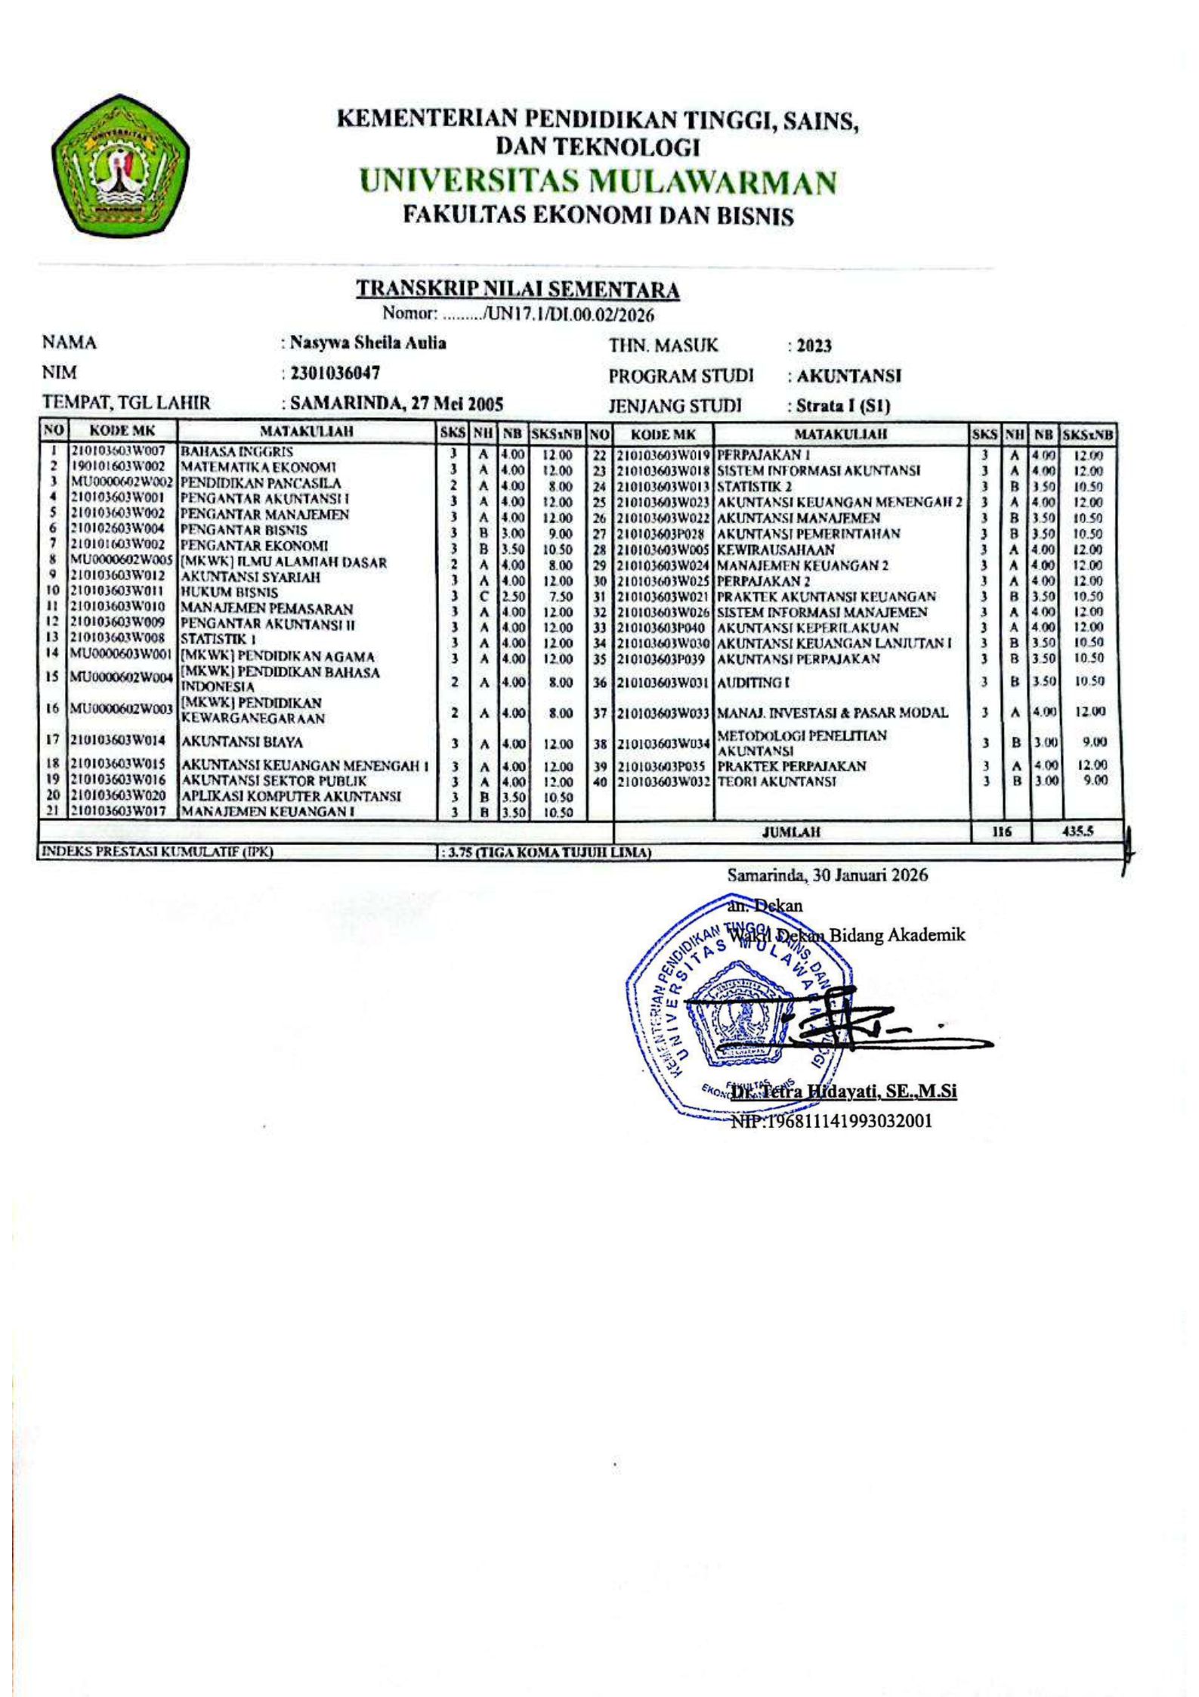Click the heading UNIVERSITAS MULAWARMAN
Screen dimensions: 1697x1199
tap(598, 182)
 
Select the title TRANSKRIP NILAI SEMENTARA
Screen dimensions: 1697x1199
tap(518, 290)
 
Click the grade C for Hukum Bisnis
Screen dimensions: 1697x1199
tap(484, 596)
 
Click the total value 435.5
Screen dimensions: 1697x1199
tap(1087, 831)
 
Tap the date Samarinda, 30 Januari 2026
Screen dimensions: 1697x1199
tap(827, 875)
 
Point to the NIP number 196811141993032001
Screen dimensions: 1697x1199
tap(831, 1121)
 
